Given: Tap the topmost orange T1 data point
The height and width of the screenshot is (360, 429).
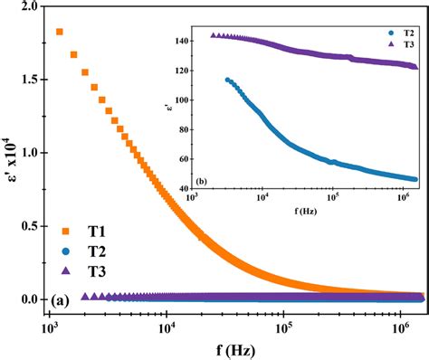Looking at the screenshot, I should [60, 32].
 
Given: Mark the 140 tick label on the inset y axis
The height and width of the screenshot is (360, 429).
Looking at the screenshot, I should [177, 42].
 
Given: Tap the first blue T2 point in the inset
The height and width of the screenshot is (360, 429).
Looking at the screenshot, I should [227, 80].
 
